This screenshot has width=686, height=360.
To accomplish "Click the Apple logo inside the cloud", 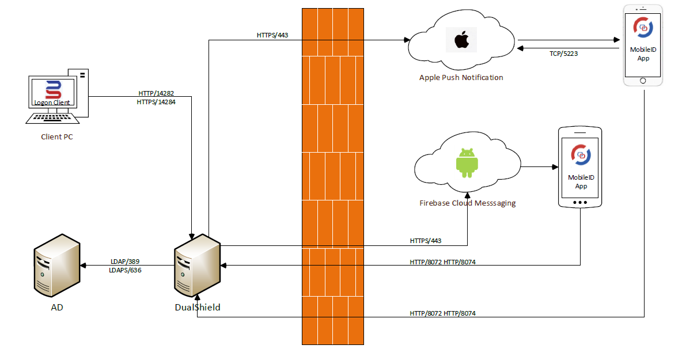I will click(461, 40).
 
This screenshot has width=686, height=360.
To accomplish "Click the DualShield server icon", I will click(197, 266).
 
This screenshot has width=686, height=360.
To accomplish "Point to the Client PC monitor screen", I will click(54, 93).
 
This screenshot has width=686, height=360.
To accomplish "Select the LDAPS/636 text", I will click(125, 270).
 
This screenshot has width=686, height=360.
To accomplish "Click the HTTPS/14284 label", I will click(156, 102).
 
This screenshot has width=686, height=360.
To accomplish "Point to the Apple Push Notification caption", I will click(461, 77).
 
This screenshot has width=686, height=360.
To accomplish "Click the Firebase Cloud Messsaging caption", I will click(467, 203).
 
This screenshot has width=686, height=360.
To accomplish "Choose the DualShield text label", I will click(198, 307).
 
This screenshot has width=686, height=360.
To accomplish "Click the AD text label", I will click(56, 307).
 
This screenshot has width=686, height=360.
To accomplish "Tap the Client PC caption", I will click(56, 137).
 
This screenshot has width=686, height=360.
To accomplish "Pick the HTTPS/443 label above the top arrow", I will click(272, 35).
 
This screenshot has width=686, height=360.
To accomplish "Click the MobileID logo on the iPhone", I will click(642, 27).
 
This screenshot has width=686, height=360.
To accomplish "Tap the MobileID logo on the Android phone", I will click(581, 154).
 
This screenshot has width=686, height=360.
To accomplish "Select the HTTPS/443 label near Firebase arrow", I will click(426, 240).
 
